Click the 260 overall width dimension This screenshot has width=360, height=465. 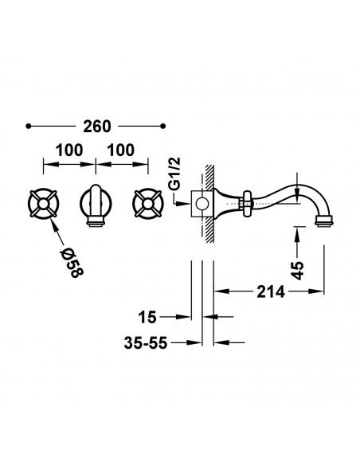point(97,127)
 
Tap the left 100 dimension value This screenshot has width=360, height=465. point(69,150)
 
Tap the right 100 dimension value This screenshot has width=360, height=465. point(121,150)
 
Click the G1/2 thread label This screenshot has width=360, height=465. point(174,174)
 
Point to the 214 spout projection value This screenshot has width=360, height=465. point(271,291)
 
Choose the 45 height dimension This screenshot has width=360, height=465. point(298,270)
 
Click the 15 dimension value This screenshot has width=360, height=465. point(147,318)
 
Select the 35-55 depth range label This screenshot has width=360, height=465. point(146,343)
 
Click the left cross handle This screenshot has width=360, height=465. point(44,204)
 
